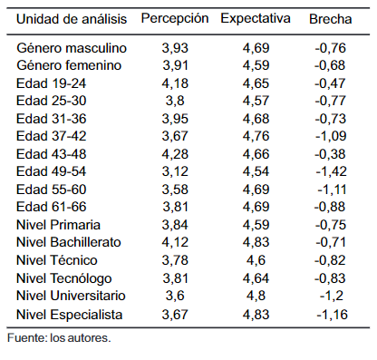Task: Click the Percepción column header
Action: click(x=175, y=19)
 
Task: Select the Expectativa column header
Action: click(x=256, y=19)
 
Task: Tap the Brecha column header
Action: click(x=331, y=19)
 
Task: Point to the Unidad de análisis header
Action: click(x=72, y=19)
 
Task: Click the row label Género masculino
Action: click(x=72, y=48)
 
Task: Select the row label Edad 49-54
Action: click(x=52, y=171)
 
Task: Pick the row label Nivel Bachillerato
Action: click(x=69, y=242)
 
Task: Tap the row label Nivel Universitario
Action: click(x=71, y=296)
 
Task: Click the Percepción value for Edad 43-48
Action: click(x=175, y=154)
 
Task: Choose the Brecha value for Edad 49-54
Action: click(x=332, y=171)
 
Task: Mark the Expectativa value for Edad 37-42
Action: click(x=256, y=136)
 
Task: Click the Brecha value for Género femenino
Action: click(x=330, y=65)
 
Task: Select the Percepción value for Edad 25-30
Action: click(x=175, y=101)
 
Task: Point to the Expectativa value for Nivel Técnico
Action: click(x=256, y=260)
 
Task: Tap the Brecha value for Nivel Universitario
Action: click(x=332, y=296)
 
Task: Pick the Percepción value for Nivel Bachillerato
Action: click(x=175, y=242)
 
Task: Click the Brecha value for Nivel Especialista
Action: click(x=332, y=315)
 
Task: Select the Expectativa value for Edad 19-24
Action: click(x=256, y=83)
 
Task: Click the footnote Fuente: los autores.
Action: click(x=59, y=337)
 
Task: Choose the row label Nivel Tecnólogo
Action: click(x=64, y=278)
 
